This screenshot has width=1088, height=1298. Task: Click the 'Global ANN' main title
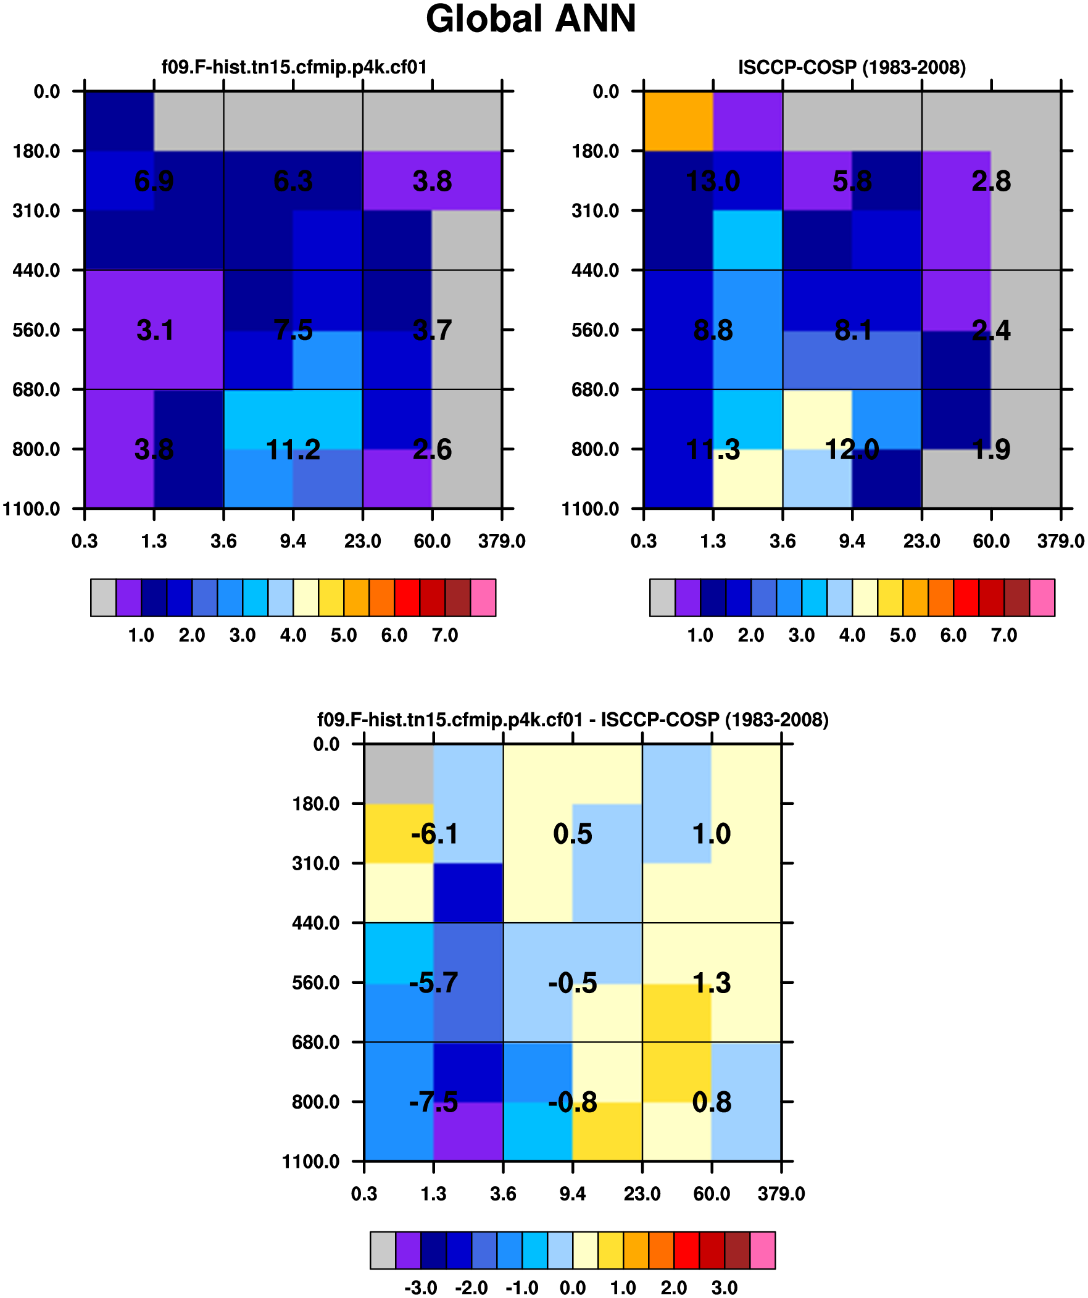coord(530,19)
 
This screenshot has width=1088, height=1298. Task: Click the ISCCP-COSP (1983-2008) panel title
coord(851,67)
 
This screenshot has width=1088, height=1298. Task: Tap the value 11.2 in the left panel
coord(293,449)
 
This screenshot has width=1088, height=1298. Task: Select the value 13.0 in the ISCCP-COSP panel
coord(713,181)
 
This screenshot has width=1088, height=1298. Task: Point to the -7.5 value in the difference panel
coord(433,1102)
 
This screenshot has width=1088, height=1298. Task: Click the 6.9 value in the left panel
coord(154,181)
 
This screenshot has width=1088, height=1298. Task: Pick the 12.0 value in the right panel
coord(852,449)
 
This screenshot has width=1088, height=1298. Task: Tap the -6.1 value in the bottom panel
coord(434,834)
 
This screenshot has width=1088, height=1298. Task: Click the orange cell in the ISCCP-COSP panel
coord(678,121)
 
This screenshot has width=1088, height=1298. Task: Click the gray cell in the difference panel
coord(399,773)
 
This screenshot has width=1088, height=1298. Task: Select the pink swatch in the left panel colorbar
coord(483,597)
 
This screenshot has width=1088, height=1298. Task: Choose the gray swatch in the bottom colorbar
coord(383,1250)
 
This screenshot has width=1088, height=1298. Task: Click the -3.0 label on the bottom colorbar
coord(420,1288)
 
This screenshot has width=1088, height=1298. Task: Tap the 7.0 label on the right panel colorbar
coord(1004,634)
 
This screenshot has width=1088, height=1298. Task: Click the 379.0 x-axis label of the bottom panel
coord(781,1194)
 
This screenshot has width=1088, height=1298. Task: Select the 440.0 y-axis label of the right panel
coord(595,270)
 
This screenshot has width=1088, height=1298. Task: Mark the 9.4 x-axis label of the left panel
coord(293,541)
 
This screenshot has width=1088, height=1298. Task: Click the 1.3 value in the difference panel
coord(712,983)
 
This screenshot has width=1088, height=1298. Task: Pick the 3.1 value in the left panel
coord(154,330)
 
